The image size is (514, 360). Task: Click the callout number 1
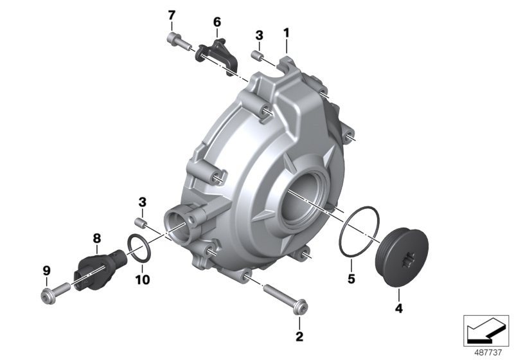click(x=286, y=33)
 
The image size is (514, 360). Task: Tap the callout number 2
click(x=299, y=336)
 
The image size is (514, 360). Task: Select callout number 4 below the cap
click(x=398, y=308)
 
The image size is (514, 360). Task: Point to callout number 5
click(x=351, y=279)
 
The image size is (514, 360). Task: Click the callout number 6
click(x=217, y=22)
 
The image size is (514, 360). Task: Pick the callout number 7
click(x=172, y=15)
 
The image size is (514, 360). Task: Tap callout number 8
click(x=97, y=239)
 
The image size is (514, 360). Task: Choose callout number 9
click(x=46, y=271)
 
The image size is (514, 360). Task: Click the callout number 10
click(x=142, y=280)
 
